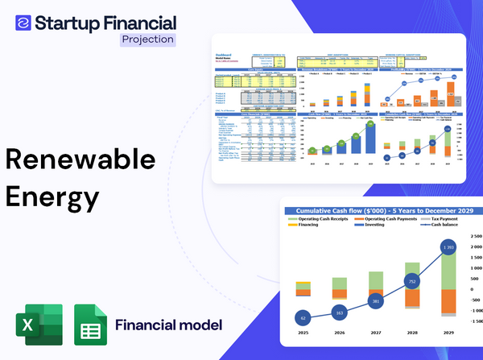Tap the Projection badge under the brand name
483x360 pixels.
click(x=147, y=39)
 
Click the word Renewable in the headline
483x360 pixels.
click(x=79, y=159)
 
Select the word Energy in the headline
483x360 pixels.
click(x=52, y=195)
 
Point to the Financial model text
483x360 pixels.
click(x=167, y=325)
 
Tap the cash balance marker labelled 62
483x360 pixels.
click(x=302, y=317)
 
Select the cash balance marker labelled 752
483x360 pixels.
click(x=411, y=282)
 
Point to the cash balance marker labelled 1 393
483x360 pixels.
click(x=448, y=246)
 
